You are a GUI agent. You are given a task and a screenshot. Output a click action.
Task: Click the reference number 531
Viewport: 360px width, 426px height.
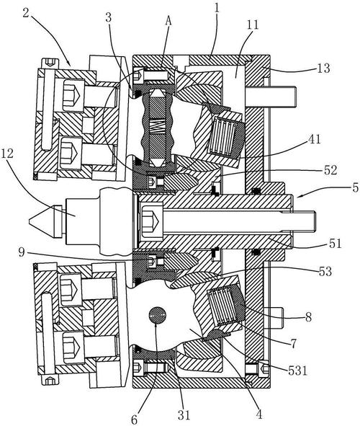click(x=297, y=370)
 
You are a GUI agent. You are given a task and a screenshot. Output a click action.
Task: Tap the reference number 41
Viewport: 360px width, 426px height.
click(x=314, y=139)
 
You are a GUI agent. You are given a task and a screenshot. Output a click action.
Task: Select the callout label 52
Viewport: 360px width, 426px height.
click(x=330, y=170)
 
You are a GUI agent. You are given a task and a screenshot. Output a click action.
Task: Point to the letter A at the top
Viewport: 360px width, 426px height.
click(x=168, y=21)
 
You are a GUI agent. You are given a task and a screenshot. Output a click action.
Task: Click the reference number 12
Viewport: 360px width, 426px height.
click(x=7, y=154)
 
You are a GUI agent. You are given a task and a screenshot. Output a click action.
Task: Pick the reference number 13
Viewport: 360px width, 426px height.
click(x=323, y=68)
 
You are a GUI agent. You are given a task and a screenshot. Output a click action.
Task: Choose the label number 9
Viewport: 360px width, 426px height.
click(x=22, y=252)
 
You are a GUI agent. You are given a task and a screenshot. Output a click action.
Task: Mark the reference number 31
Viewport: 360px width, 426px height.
click(x=184, y=415)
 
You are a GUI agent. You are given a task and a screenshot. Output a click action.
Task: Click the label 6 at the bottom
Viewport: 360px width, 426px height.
click(x=135, y=420)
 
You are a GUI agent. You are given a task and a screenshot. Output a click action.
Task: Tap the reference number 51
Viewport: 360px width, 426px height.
click(x=335, y=244)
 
